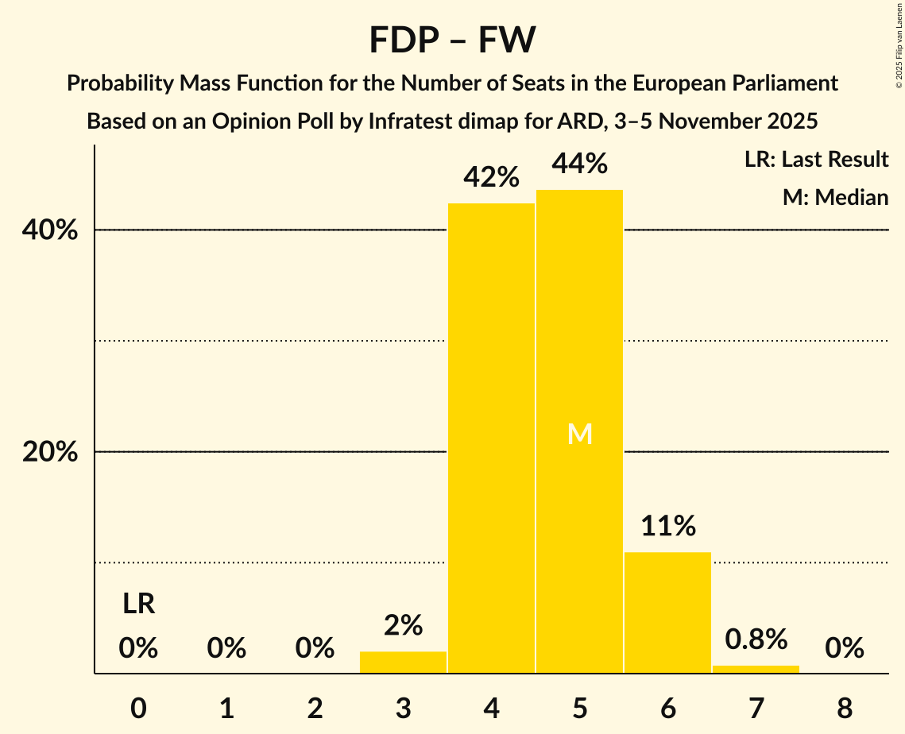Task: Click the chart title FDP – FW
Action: click(452, 41)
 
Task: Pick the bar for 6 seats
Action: click(667, 612)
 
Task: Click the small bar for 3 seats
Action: click(403, 663)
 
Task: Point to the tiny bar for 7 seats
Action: click(756, 669)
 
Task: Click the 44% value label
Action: click(579, 164)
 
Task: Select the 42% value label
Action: click(491, 177)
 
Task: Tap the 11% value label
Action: click(667, 526)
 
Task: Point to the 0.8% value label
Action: click(756, 639)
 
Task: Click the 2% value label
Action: click(403, 626)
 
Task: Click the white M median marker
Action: click(579, 434)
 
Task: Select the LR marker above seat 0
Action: click(138, 605)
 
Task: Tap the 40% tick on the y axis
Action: click(49, 230)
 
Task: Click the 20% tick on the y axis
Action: click(49, 452)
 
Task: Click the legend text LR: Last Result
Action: click(816, 160)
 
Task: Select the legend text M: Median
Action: click(835, 197)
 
